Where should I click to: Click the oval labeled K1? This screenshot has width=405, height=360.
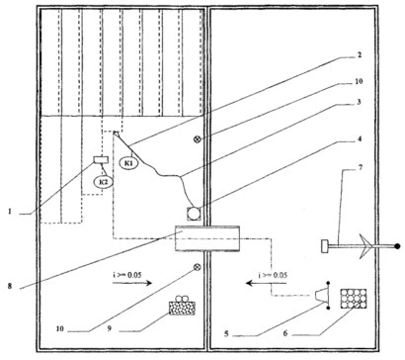point(128,163)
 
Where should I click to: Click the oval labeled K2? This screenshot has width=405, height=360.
point(104,181)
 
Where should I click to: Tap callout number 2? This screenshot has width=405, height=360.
point(360,54)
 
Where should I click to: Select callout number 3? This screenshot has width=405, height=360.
point(359,102)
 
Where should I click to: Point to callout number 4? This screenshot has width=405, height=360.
point(360,139)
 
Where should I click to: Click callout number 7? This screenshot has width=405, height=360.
point(360,168)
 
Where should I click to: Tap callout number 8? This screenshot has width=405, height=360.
point(10,286)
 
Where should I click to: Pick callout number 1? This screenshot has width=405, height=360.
point(10,212)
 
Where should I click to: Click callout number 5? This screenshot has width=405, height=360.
point(226,333)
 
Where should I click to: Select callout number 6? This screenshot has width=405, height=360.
point(285,333)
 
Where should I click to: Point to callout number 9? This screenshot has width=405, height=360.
point(109,328)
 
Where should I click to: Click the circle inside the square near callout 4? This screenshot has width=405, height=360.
point(194,214)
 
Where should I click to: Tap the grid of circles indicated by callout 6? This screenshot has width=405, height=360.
point(354,299)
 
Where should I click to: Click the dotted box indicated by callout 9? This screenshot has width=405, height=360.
point(182,308)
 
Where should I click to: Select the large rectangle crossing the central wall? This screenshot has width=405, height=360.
point(207,238)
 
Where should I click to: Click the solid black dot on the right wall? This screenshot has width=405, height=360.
point(397,246)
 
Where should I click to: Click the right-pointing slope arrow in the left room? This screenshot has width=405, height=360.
point(132,283)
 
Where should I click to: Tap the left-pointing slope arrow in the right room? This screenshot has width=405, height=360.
point(267,283)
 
